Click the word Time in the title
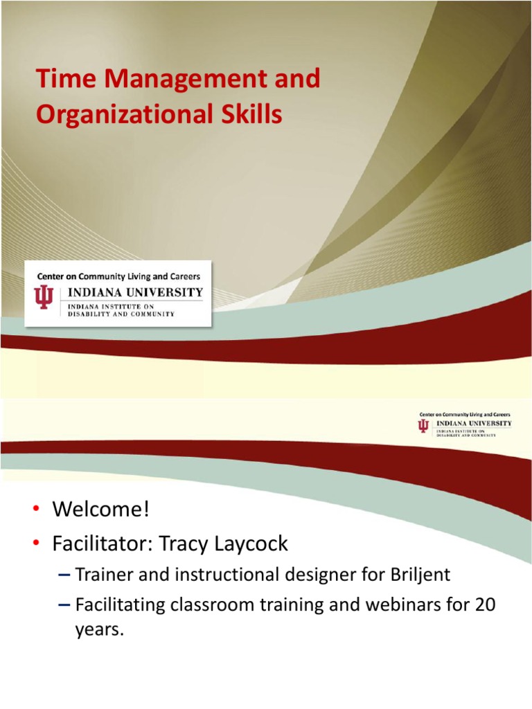pyautogui.click(x=58, y=80)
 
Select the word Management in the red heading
pyautogui.click(x=176, y=80)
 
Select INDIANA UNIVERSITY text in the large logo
pyautogui.click(x=135, y=292)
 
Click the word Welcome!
pyautogui.click(x=101, y=510)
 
